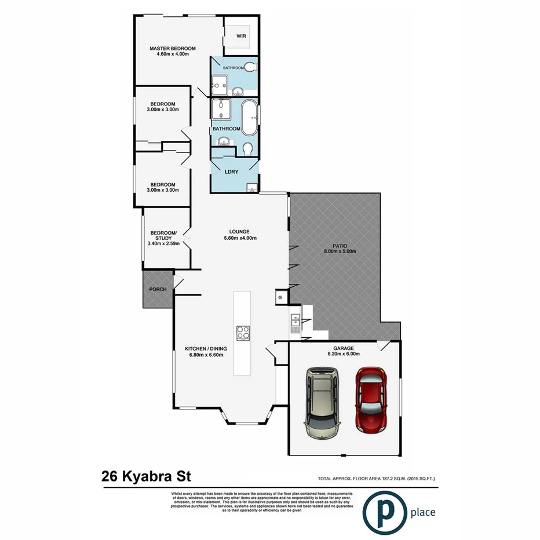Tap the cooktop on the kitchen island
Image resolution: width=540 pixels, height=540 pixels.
[243, 333]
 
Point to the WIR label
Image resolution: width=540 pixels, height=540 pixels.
[242, 35]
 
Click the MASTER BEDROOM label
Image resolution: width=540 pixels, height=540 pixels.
[172, 48]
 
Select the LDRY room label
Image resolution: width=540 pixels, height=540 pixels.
[232, 172]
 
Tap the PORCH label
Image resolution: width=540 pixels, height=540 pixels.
[158, 289]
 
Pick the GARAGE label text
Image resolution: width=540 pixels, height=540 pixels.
[343, 348]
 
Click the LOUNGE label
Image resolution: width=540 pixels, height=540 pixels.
[240, 231]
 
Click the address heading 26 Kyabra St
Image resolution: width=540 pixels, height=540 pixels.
[146, 476]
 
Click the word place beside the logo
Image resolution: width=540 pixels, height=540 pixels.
[422, 512]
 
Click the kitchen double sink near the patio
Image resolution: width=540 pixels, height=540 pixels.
[294, 323]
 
